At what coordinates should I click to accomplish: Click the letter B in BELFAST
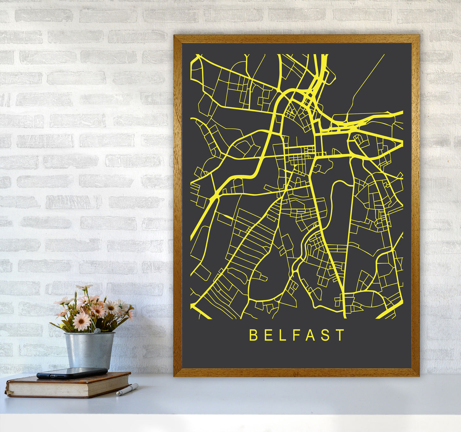253,335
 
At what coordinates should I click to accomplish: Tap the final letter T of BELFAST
340,335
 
